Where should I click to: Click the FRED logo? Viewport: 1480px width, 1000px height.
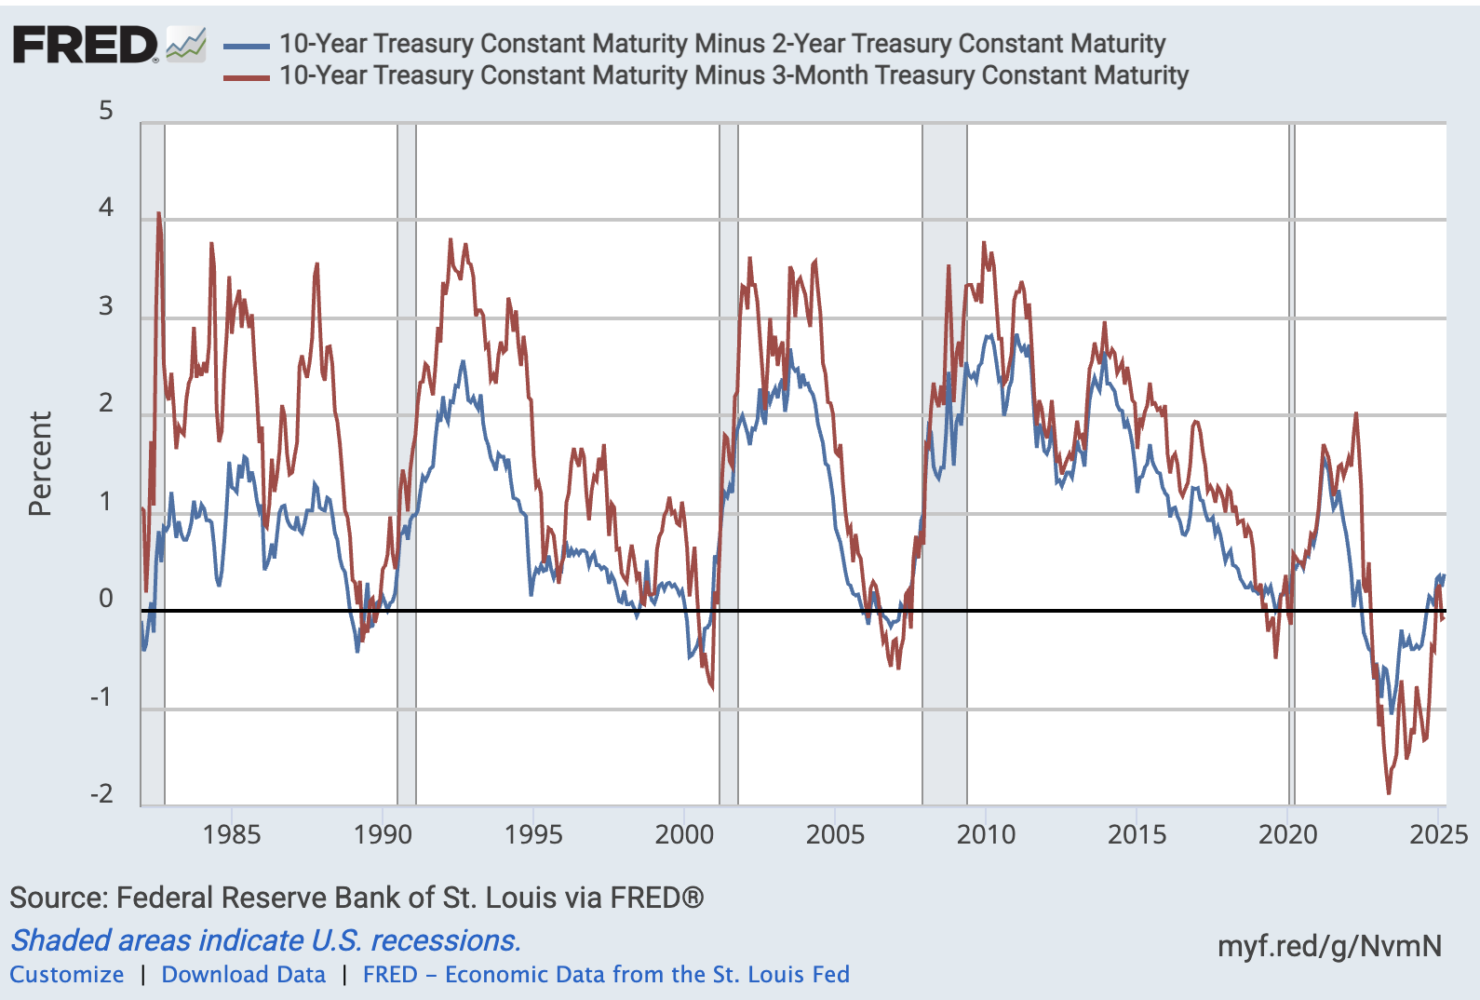point(86,45)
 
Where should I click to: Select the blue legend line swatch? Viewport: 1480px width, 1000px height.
point(247,45)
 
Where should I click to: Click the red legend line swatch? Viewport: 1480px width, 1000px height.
point(247,77)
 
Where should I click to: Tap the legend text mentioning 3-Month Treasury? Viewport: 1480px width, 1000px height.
point(733,75)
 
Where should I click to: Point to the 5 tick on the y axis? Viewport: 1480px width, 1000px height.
point(106,111)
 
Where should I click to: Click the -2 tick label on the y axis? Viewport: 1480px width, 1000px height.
point(101,794)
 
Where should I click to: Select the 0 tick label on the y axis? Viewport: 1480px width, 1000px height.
point(106,599)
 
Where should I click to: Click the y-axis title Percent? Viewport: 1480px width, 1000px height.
point(39,464)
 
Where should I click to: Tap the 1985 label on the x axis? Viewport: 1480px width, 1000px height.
point(232,833)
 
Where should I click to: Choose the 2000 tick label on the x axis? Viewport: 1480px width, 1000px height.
point(684,833)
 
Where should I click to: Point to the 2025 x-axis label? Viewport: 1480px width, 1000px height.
point(1438,833)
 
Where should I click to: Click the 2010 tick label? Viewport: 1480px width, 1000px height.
point(986,833)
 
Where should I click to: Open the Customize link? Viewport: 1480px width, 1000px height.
point(67,975)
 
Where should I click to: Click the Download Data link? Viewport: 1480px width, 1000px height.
point(244,975)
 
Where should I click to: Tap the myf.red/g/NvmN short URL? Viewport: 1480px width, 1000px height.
point(1329,946)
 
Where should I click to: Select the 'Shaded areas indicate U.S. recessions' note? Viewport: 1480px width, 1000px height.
point(265,940)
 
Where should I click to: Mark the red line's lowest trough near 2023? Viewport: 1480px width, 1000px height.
point(1389,792)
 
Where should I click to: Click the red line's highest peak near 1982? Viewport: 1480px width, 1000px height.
point(158,214)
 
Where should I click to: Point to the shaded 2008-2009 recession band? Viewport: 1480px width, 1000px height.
point(944,466)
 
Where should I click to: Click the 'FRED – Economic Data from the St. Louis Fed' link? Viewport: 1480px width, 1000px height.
point(606,975)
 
